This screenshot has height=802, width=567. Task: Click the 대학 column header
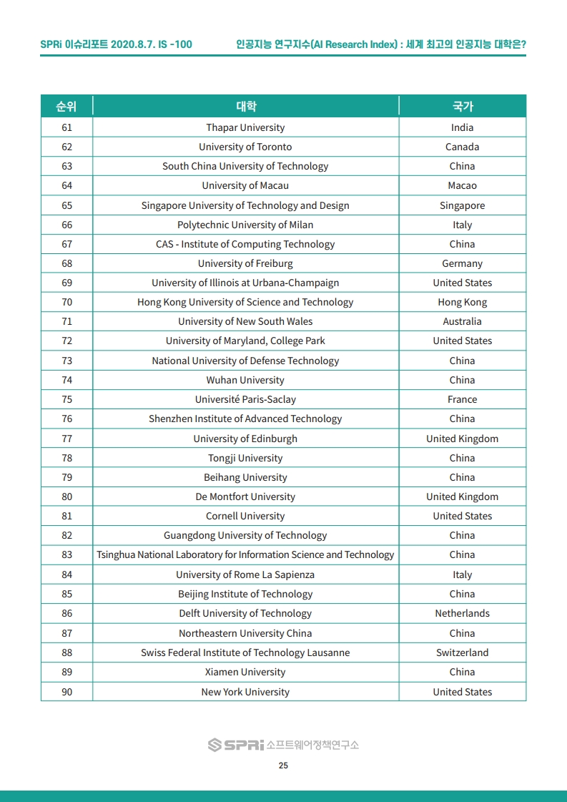point(245,107)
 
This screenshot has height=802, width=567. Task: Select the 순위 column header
point(66,107)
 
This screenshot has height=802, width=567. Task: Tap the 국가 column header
point(462,107)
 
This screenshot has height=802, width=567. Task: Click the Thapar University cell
point(245,127)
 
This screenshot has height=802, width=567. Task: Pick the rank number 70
point(66,302)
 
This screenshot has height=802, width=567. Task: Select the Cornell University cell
point(245,516)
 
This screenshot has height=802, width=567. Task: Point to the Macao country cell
point(462,185)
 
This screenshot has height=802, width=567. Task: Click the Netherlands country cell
point(462,613)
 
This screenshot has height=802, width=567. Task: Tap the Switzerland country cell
point(462,652)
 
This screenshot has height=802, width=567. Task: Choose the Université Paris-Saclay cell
point(245,399)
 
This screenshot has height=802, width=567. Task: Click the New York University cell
point(245,692)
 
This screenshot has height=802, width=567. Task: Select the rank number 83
point(66,554)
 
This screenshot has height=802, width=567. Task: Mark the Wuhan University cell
point(245,380)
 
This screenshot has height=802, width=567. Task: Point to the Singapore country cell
point(462,205)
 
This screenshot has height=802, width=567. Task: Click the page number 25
point(283,766)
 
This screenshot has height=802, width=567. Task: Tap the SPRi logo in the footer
point(236,745)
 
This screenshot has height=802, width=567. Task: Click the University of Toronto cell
point(245,147)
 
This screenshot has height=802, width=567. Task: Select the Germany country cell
point(462,263)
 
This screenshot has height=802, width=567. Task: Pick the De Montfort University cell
point(245,497)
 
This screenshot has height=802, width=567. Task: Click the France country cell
point(462,399)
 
